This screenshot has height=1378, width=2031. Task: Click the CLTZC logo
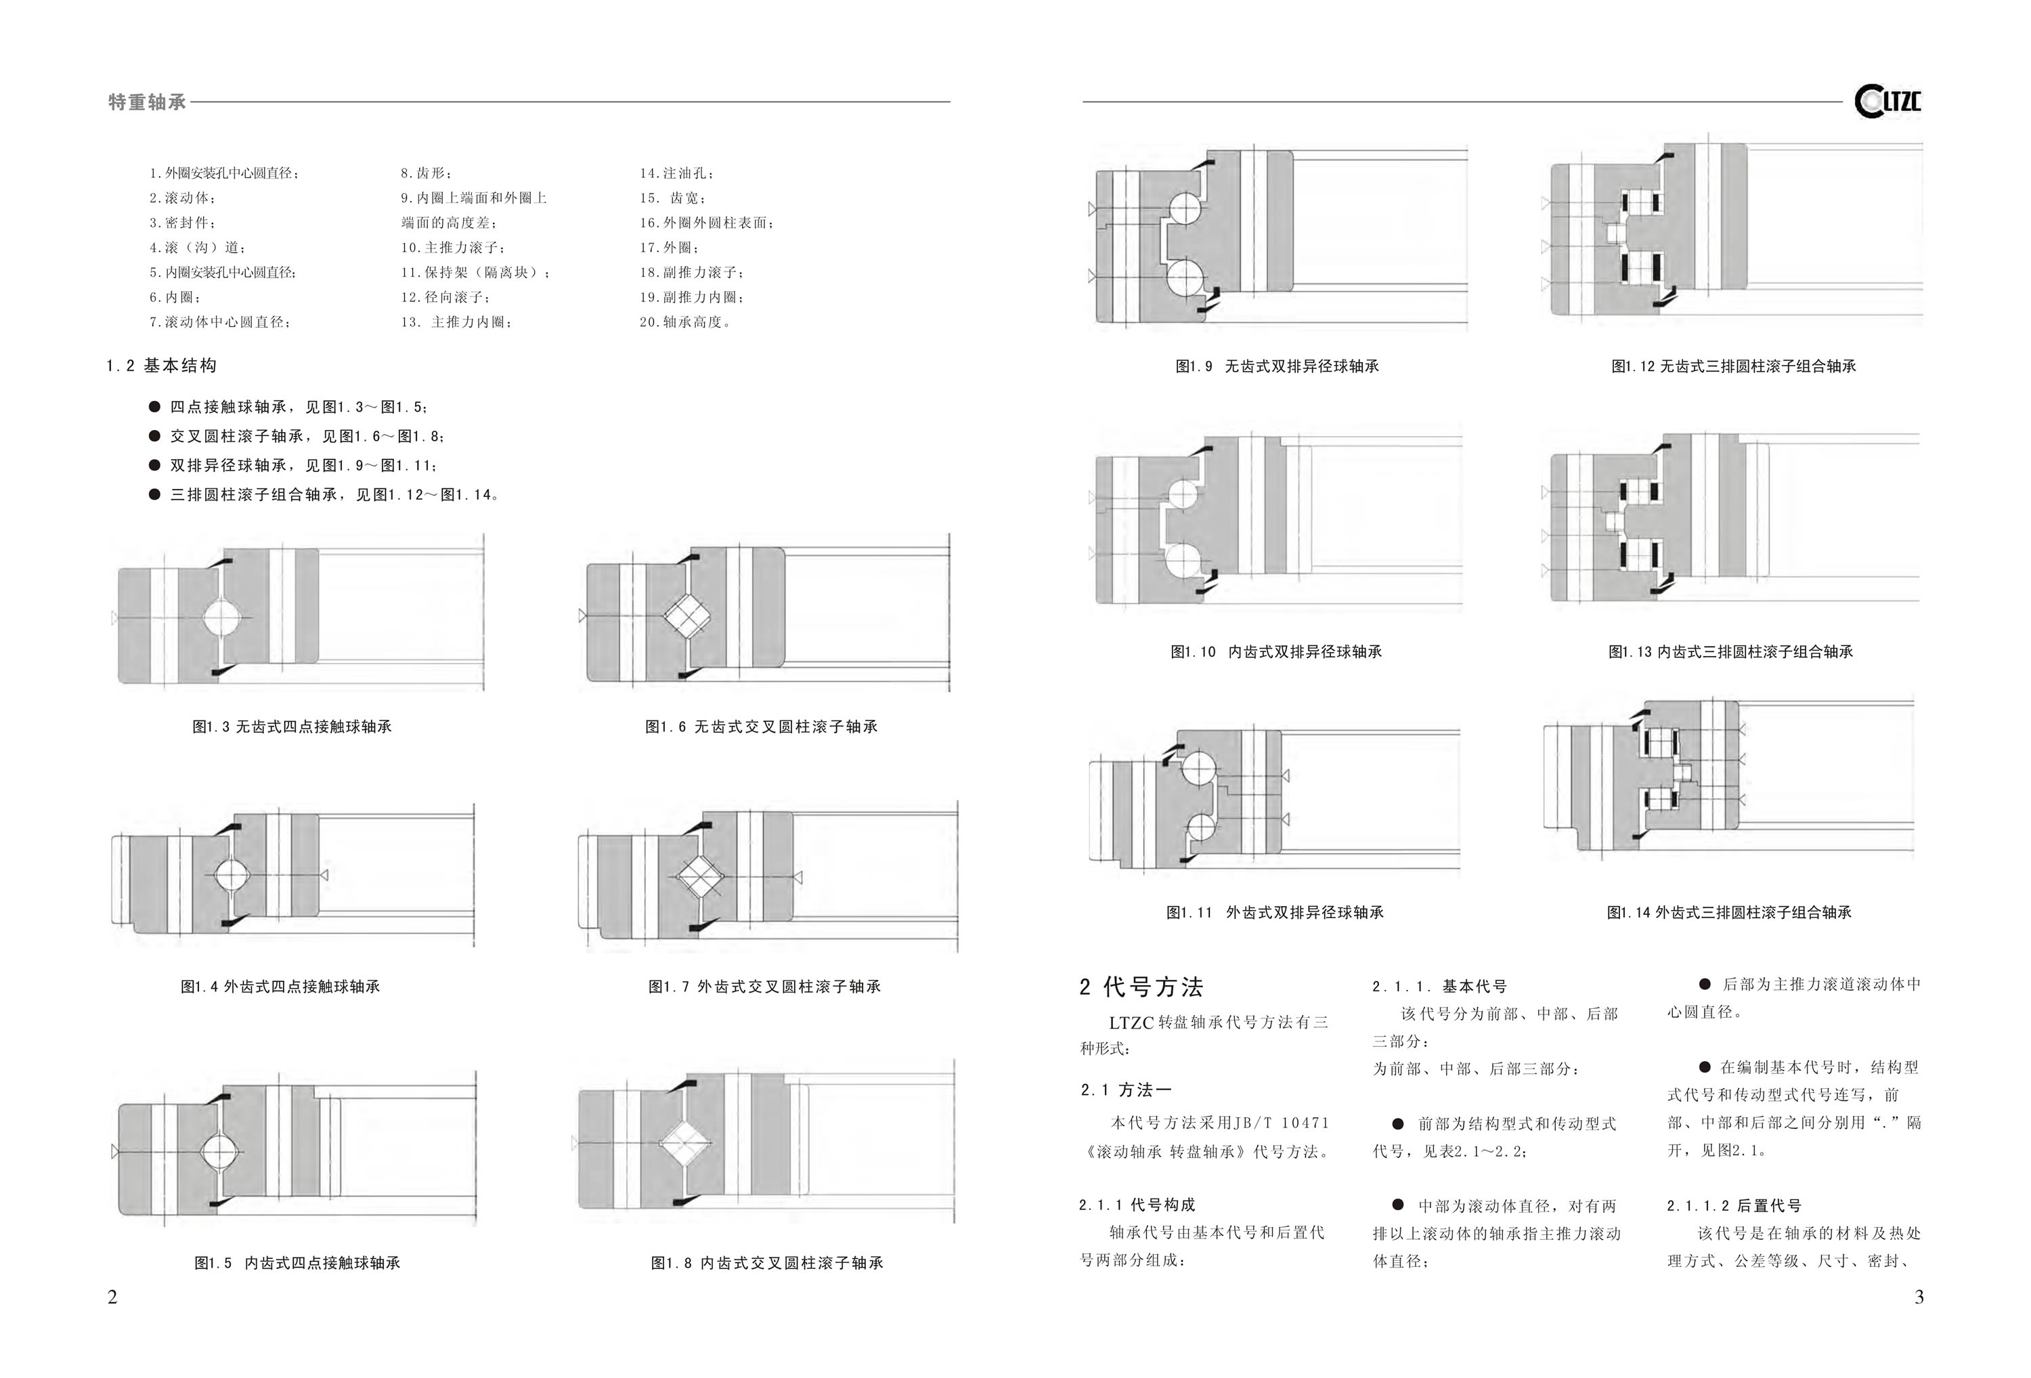tap(1887, 102)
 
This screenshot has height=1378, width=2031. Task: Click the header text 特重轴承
tap(147, 102)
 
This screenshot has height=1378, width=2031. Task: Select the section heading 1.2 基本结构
tap(162, 366)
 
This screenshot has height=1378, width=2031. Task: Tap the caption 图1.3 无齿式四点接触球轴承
tap(292, 727)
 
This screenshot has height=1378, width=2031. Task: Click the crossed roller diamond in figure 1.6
tap(687, 616)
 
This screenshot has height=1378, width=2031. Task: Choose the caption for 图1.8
tap(767, 1263)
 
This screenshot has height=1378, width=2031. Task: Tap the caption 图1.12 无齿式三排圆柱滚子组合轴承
tap(1734, 366)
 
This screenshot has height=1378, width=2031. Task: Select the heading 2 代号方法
tap(1141, 987)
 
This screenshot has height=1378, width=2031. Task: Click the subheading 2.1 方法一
tap(1126, 1090)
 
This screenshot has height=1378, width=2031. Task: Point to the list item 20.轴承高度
tap(685, 322)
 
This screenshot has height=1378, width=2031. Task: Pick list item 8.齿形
tap(427, 173)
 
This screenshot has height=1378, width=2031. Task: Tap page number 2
tap(112, 1297)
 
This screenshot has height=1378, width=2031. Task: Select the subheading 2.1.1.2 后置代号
tap(1734, 1206)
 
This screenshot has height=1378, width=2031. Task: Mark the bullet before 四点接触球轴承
tap(154, 406)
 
